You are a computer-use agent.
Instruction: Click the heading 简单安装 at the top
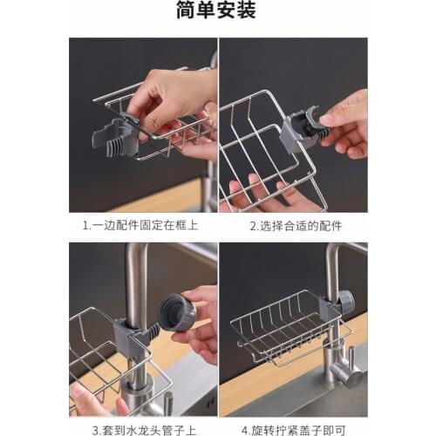coord(217,11)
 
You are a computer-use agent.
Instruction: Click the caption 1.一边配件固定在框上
coord(143,225)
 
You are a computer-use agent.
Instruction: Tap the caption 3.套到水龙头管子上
coord(143,428)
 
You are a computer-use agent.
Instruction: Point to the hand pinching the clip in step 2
coord(345,122)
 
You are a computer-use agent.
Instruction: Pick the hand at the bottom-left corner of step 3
coord(91,401)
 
